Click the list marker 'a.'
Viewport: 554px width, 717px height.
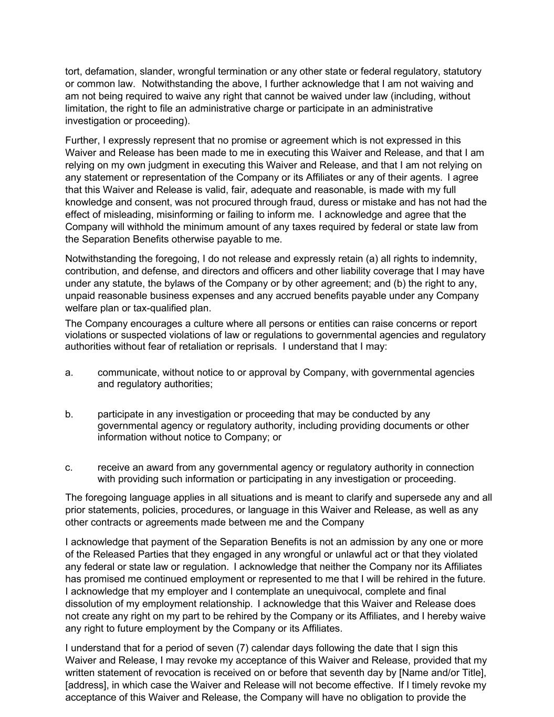pos(69,372)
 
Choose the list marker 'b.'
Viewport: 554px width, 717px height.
pos(69,414)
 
